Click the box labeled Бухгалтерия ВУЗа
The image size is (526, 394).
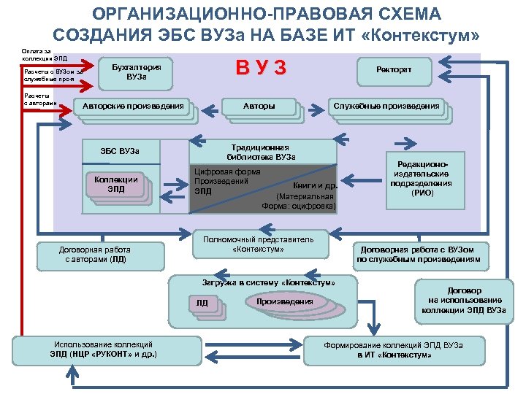point(136,72)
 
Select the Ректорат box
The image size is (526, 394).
point(394,69)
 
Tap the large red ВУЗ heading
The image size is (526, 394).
point(259,69)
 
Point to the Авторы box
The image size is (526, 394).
point(259,107)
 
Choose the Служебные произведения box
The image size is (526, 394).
point(386,107)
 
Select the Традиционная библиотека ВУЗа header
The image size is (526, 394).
point(264,151)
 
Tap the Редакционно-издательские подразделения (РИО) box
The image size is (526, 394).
point(422,179)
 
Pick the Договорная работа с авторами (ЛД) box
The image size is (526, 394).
point(94,254)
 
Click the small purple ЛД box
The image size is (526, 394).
point(202,303)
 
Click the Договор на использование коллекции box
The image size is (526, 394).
point(465,300)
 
